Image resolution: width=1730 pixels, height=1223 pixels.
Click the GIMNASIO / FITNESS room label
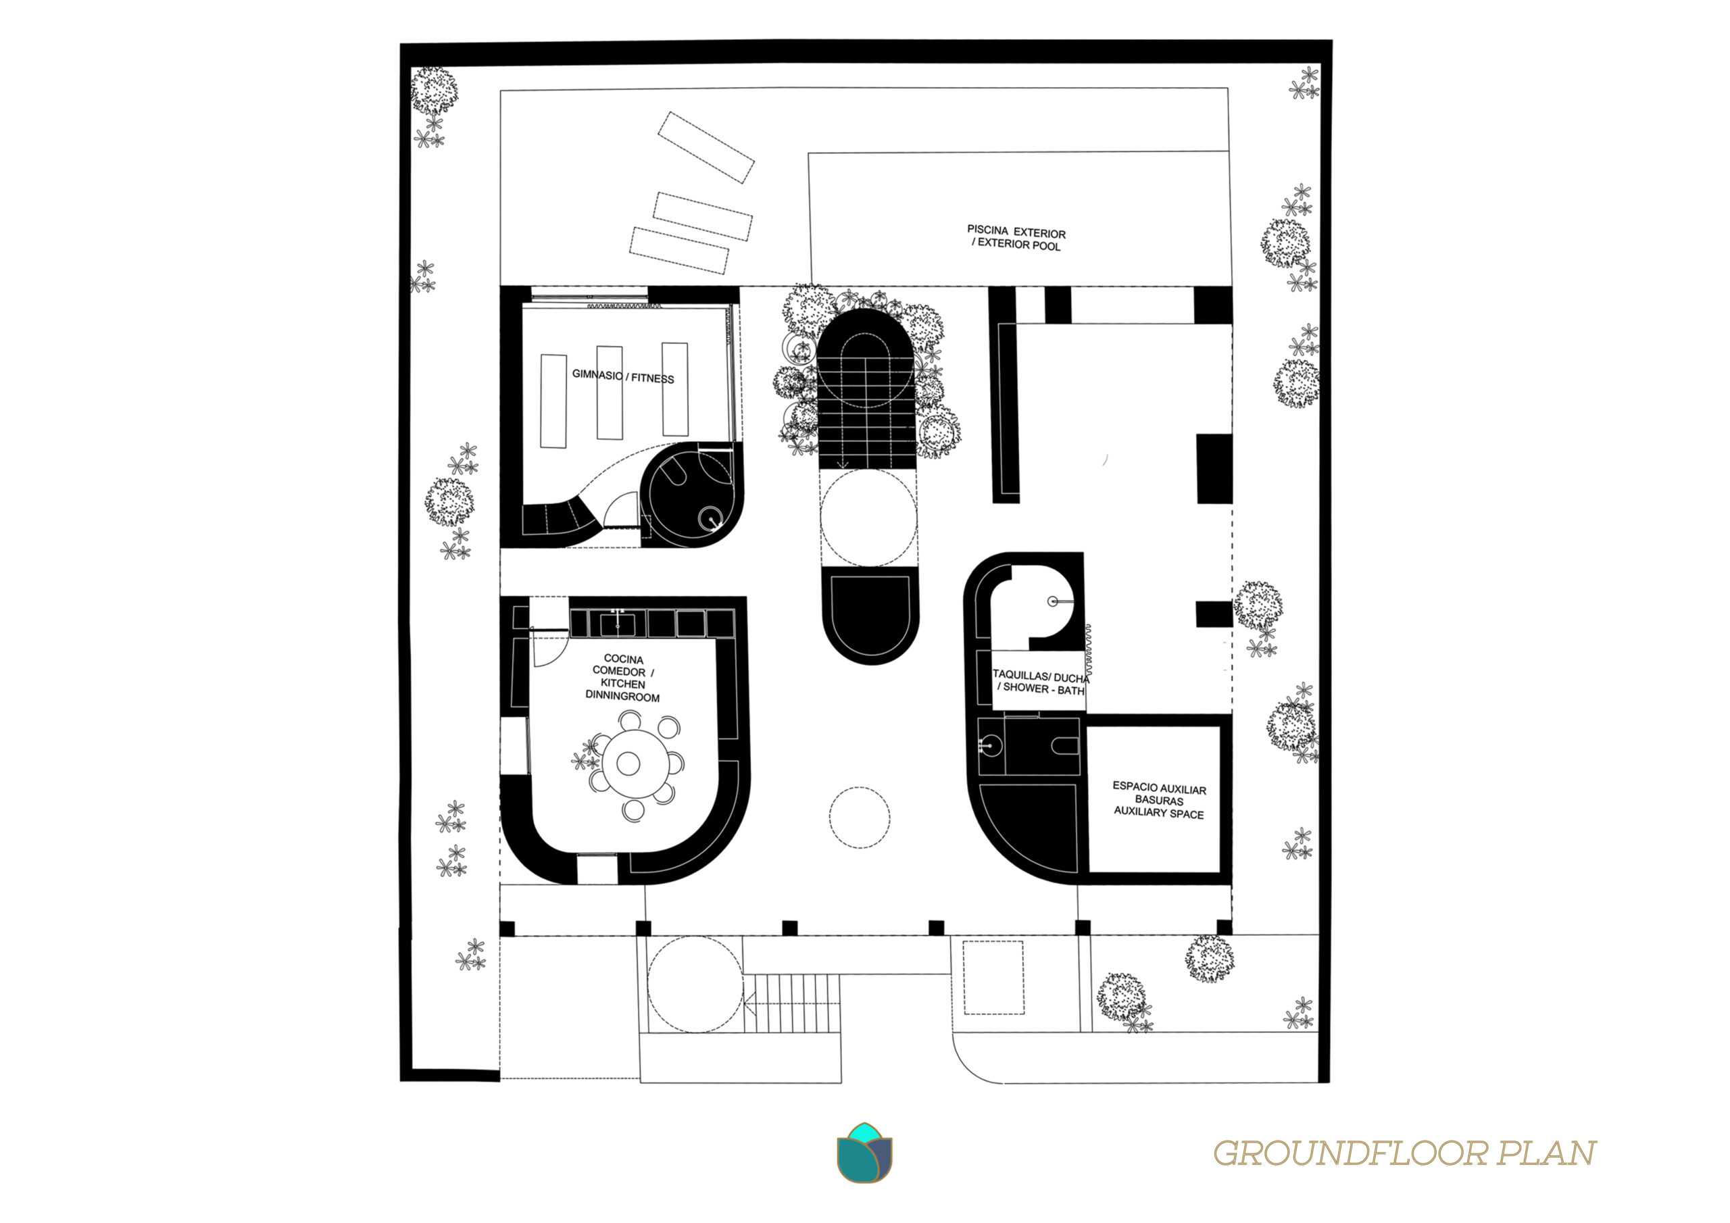pyautogui.click(x=623, y=376)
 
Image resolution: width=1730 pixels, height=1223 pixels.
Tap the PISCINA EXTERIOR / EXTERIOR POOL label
pyautogui.click(x=1016, y=238)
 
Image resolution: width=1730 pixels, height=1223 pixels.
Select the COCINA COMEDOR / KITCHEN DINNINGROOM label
pyautogui.click(x=623, y=678)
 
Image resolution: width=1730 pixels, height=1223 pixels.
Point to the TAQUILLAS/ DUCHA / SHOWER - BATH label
pyautogui.click(x=1041, y=682)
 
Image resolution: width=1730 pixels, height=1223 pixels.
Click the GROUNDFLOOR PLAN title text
pyautogui.click(x=1404, y=1153)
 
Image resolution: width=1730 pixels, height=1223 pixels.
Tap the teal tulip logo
pyautogui.click(x=864, y=1153)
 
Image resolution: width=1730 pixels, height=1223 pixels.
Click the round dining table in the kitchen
pyautogui.click(x=628, y=764)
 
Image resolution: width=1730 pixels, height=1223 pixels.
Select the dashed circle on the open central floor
pyautogui.click(x=860, y=818)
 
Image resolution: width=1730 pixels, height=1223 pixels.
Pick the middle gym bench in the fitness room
pyautogui.click(x=610, y=393)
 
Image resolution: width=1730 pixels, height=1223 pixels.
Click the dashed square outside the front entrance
pyautogui.click(x=994, y=977)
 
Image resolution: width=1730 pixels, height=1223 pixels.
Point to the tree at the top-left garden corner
pyautogui.click(x=434, y=91)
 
